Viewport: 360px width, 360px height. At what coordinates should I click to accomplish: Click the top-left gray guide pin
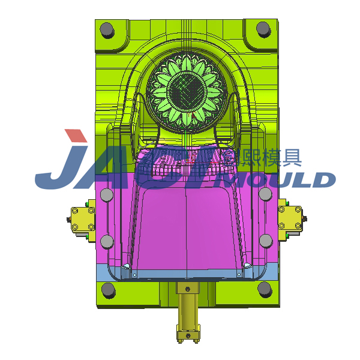(107, 29)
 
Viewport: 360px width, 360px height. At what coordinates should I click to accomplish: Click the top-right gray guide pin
(263, 28)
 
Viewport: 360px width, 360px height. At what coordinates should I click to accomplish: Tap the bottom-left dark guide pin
(108, 290)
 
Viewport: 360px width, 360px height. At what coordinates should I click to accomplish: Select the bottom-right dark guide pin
(265, 289)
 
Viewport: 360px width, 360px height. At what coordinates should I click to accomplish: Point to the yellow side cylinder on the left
(82, 219)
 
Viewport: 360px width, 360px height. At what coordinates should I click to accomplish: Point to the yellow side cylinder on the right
(290, 218)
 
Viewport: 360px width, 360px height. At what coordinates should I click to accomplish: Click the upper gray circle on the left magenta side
(106, 196)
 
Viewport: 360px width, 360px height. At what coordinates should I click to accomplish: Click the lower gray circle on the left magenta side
(107, 241)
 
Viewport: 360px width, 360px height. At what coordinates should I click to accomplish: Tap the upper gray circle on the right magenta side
(265, 196)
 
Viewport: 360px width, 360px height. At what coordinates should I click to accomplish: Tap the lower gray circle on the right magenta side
(265, 242)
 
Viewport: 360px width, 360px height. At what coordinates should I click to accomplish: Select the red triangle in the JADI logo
(76, 137)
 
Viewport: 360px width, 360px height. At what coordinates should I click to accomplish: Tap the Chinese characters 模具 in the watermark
(280, 157)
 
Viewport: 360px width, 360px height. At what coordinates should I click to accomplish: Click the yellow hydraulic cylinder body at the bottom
(186, 306)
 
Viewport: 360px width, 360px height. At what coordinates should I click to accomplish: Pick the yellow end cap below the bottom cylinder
(186, 334)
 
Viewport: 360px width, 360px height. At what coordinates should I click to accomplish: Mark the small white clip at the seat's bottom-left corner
(126, 266)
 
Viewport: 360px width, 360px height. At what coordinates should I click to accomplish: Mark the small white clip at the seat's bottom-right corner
(247, 265)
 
